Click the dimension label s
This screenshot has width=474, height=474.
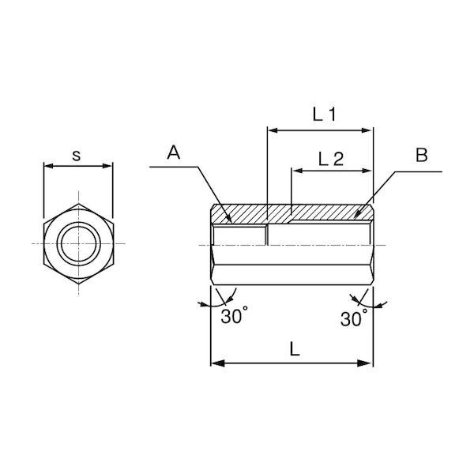coord(77,155)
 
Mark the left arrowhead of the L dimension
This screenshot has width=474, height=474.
coord(216,363)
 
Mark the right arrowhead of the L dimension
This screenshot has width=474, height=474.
coord(367,363)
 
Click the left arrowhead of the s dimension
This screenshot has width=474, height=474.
coord(47,166)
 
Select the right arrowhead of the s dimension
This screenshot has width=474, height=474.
coord(108,166)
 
